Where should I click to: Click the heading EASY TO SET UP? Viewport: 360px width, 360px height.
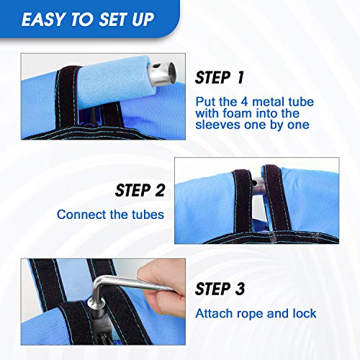(88, 19)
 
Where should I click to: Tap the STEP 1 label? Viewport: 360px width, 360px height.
(220, 78)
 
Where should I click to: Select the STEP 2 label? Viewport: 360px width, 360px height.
(140, 190)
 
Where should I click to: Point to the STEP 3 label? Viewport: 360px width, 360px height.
(220, 289)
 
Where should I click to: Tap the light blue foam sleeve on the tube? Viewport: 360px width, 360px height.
(115, 81)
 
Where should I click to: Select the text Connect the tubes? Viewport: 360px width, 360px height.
(110, 215)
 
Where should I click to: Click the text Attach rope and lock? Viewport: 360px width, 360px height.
(256, 313)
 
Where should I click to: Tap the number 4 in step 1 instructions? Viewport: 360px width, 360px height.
(244, 102)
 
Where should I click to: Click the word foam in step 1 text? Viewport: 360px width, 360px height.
(237, 113)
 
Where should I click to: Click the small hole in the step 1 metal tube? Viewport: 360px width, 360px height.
(156, 66)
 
